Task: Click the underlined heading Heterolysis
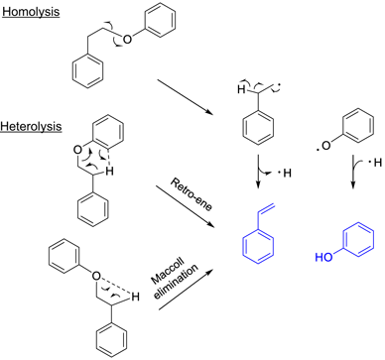34,128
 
